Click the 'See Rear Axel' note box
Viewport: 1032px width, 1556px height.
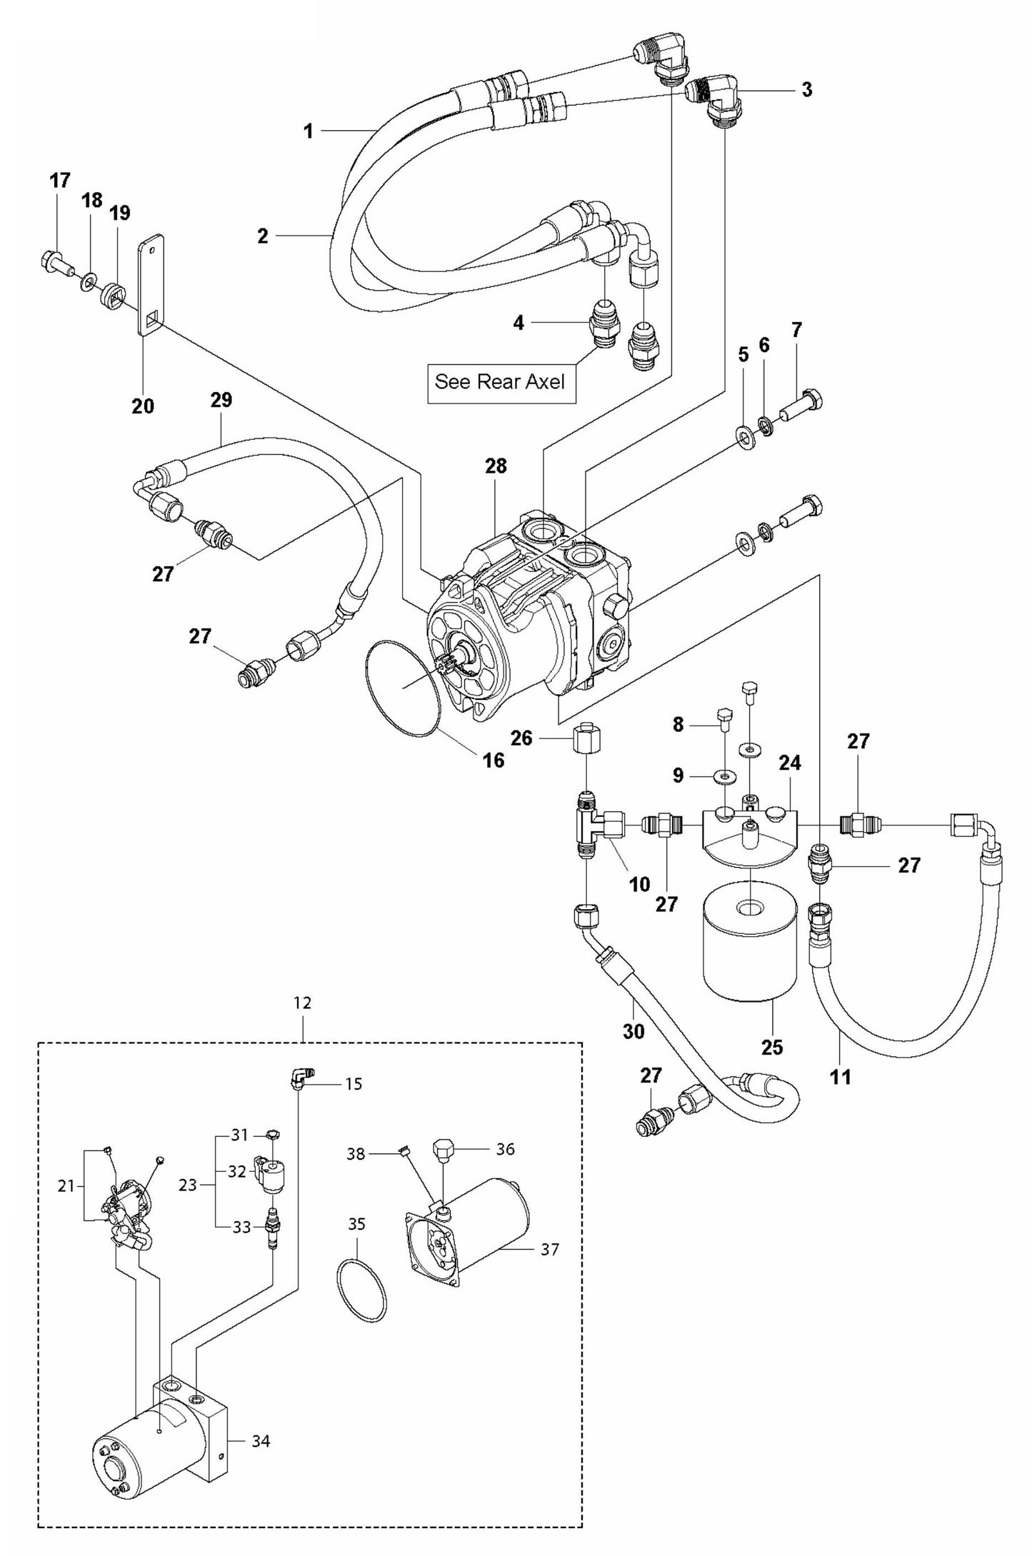click(x=501, y=382)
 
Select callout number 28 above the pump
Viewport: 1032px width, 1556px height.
click(x=496, y=466)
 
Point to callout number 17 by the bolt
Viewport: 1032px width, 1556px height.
click(x=60, y=180)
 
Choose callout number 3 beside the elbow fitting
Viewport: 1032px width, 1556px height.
click(x=806, y=90)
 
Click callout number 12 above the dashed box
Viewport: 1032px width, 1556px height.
click(x=303, y=1003)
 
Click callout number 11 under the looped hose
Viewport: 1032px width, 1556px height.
click(x=841, y=1076)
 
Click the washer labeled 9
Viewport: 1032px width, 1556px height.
click(x=726, y=776)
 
